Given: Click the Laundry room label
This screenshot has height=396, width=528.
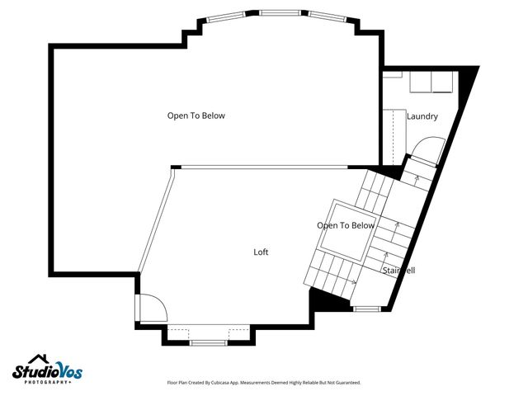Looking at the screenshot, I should pos(422,117).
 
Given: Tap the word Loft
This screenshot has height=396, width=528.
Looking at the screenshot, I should pos(261,252).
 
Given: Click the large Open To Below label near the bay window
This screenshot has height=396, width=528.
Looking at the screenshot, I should pos(196,115).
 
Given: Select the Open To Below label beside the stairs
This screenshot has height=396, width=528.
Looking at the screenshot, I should pos(346,225).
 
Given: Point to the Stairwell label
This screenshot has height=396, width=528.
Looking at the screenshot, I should pos(398,271).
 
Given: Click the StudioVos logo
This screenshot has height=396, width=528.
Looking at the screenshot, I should pos(48,370).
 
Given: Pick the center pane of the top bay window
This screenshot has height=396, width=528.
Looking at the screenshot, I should pos(276,12).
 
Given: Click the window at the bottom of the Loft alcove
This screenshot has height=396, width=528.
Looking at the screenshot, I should pos(209,341).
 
